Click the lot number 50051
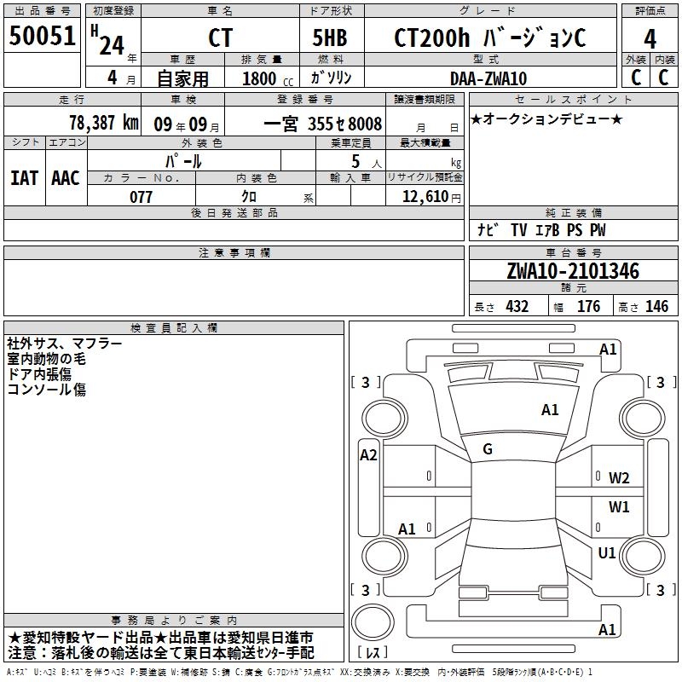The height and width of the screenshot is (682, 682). (x=43, y=38)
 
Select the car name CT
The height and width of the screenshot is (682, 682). (x=220, y=38)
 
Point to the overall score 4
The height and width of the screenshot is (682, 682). (x=650, y=38)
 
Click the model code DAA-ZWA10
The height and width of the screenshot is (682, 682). (x=488, y=78)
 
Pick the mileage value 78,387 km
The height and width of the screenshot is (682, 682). (x=103, y=122)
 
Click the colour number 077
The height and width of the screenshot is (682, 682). (x=141, y=197)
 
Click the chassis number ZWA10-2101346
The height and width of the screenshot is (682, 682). (x=572, y=271)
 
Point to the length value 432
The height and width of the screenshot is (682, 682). (x=517, y=307)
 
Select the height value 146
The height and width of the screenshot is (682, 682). (x=656, y=307)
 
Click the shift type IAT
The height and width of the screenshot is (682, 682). (x=24, y=177)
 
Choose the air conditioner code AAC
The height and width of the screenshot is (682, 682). (x=65, y=177)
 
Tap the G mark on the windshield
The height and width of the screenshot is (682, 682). (x=488, y=448)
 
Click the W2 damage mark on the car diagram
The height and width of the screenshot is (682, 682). (x=619, y=477)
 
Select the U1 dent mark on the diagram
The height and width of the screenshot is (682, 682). (x=607, y=553)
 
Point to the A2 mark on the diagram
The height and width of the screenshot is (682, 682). (x=368, y=455)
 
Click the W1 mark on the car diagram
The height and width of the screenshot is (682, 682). (x=619, y=507)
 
